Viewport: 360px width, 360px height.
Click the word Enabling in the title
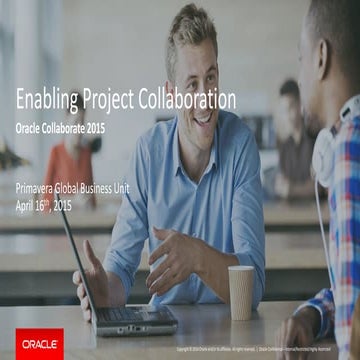point(49,100)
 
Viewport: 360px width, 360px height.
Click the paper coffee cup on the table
point(241,291)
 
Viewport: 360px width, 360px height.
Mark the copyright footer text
point(260,350)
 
